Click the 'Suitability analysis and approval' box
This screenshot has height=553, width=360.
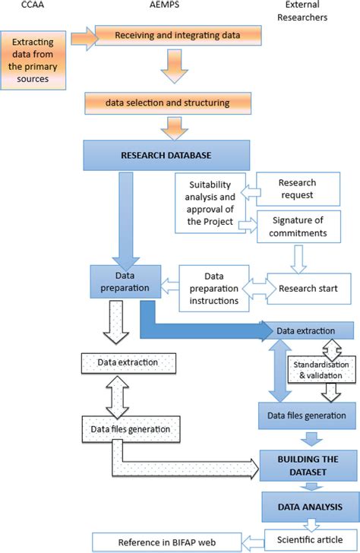[207, 207]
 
